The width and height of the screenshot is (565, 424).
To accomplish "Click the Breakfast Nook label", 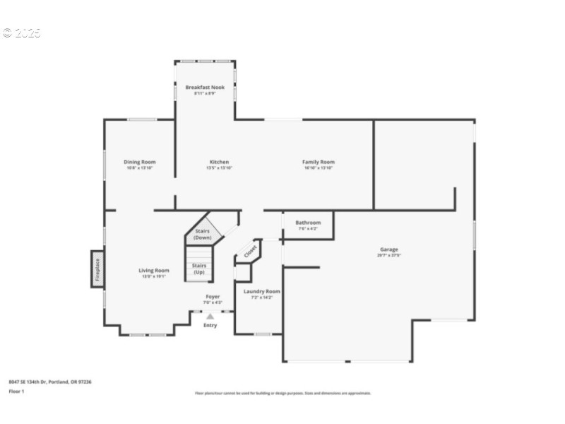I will click(205, 87).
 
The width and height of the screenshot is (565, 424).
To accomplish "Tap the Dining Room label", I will click(139, 162).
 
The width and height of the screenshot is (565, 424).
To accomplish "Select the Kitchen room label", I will click(218, 162).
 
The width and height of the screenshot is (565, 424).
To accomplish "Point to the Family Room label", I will click(318, 162).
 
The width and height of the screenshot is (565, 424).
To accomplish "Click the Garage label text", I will click(388, 249).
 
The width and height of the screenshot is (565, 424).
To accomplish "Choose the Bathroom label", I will click(308, 223).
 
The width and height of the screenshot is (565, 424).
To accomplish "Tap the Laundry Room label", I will click(261, 291).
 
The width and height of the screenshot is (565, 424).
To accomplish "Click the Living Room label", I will click(153, 270).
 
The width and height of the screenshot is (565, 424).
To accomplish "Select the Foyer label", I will click(213, 297).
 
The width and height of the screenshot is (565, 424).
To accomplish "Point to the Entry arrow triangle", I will click(210, 317).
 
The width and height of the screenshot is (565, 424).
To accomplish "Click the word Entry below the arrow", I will click(210, 325).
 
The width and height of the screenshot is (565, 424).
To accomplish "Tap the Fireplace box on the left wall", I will click(97, 269).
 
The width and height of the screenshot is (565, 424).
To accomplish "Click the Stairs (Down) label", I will click(202, 235).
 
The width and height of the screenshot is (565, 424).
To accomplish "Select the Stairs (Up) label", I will click(199, 269).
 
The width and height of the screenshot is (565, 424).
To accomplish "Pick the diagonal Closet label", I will click(251, 250).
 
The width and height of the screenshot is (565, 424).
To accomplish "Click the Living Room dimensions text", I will click(153, 276).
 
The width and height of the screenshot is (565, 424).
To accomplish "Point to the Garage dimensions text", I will click(388, 256).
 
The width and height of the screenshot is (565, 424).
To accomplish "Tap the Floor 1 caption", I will click(16, 391).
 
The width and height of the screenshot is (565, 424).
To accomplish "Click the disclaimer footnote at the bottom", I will click(282, 394).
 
